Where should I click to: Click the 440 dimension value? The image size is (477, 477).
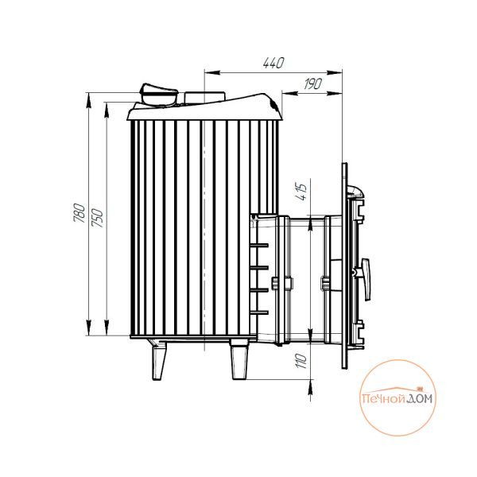[273, 63]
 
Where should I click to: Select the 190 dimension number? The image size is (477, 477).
[313, 83]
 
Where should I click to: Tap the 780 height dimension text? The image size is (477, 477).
[79, 212]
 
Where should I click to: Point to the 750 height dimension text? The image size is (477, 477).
[98, 218]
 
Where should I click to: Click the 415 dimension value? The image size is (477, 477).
[301, 192]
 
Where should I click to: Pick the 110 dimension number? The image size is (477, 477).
[301, 361]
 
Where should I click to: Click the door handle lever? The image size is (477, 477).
[365, 279]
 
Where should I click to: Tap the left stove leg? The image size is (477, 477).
[160, 362]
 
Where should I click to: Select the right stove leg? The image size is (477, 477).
[239, 359]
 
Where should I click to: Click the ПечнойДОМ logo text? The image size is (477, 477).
[397, 398]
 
